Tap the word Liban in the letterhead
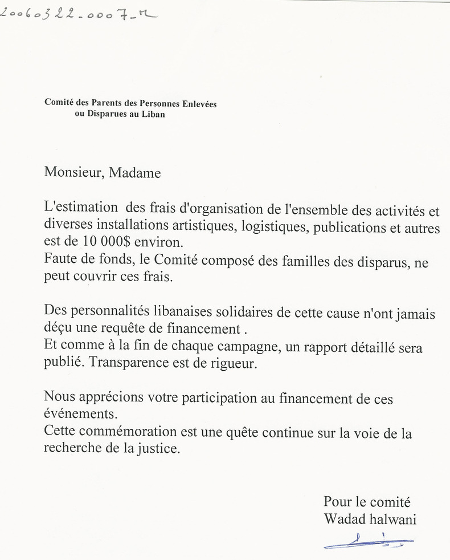(154, 114)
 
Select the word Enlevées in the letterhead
(199, 104)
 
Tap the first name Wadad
(342, 519)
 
